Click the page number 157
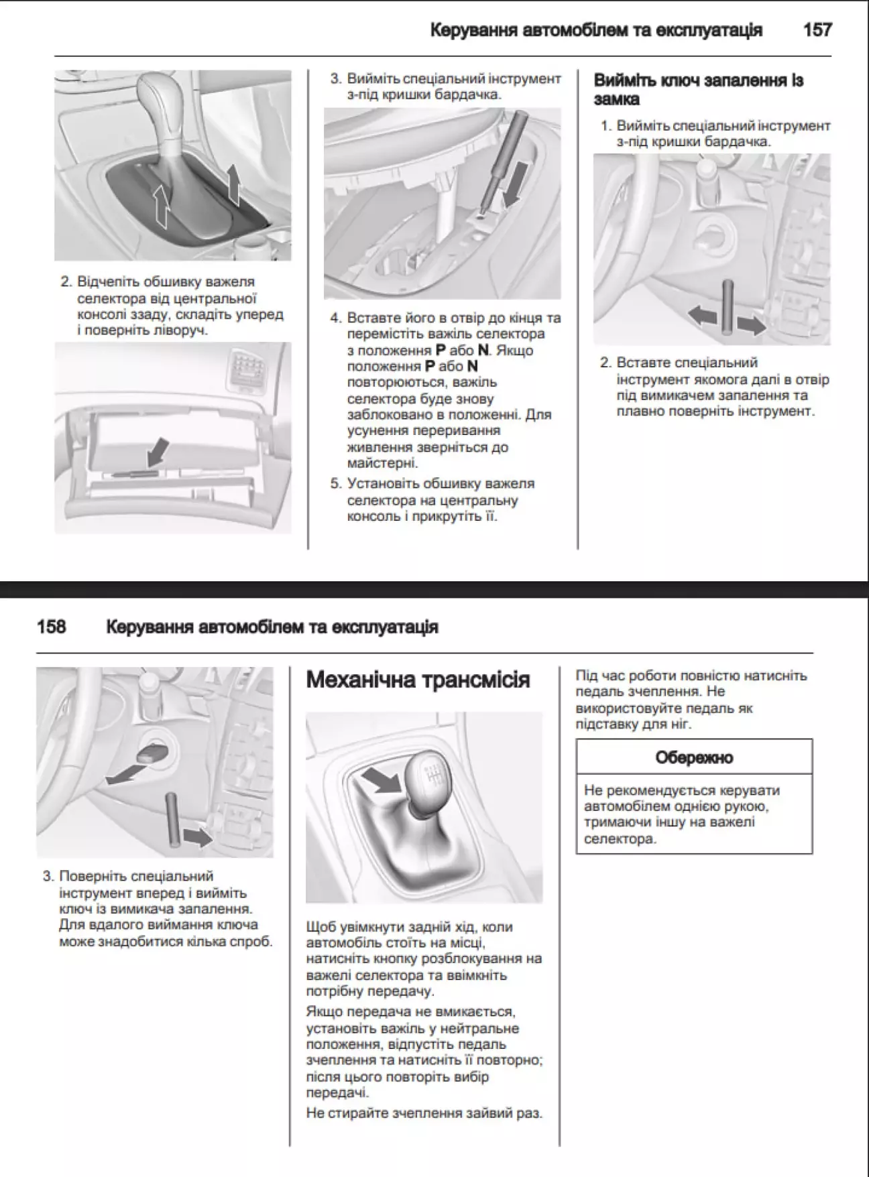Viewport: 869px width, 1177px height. (x=817, y=30)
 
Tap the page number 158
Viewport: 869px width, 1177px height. (x=52, y=627)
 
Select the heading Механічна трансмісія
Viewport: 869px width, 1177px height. (x=418, y=680)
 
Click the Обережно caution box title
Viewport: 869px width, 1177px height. (x=694, y=757)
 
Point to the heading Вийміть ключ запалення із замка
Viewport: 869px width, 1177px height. (x=698, y=89)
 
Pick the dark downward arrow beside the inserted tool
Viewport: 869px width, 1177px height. (x=514, y=187)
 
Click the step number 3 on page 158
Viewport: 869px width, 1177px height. (x=48, y=877)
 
